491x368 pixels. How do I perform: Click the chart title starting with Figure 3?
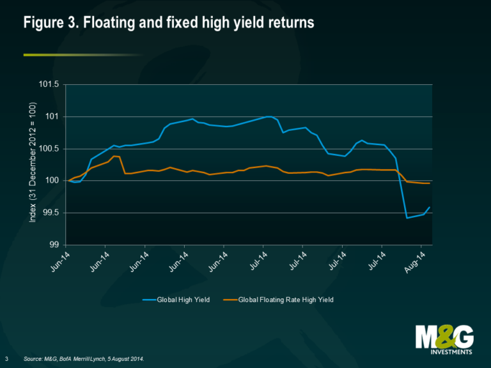[x=169, y=23]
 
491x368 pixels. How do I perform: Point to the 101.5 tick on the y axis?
[x=49, y=84]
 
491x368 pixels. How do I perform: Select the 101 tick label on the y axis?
[x=52, y=116]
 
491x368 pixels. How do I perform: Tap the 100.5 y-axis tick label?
[x=49, y=149]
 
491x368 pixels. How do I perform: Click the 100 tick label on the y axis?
[x=52, y=181]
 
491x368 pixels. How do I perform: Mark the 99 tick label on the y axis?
[x=54, y=245]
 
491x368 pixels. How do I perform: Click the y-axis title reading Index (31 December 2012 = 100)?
[x=33, y=165]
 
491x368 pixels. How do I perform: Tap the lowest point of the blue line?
[x=407, y=218]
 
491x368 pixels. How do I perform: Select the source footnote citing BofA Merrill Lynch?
[x=84, y=358]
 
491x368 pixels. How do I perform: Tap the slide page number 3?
[x=6, y=358]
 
